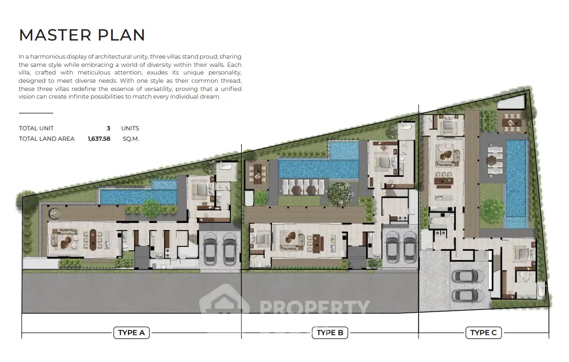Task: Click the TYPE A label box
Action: [x=131, y=332]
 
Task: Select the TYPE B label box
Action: [x=330, y=332]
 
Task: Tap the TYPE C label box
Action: [x=483, y=332]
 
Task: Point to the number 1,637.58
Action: [x=99, y=139]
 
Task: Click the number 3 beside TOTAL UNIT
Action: [x=108, y=128]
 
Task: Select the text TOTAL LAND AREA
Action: [x=47, y=139]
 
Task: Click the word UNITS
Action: [x=130, y=128]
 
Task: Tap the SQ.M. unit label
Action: [x=131, y=139]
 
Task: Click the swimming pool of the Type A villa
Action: [x=138, y=194]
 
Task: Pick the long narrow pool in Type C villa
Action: [x=516, y=183]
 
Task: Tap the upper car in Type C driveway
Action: [x=468, y=277]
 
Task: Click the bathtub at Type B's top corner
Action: [x=407, y=127]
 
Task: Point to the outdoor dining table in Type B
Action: [x=258, y=172]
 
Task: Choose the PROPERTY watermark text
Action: [x=315, y=307]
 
